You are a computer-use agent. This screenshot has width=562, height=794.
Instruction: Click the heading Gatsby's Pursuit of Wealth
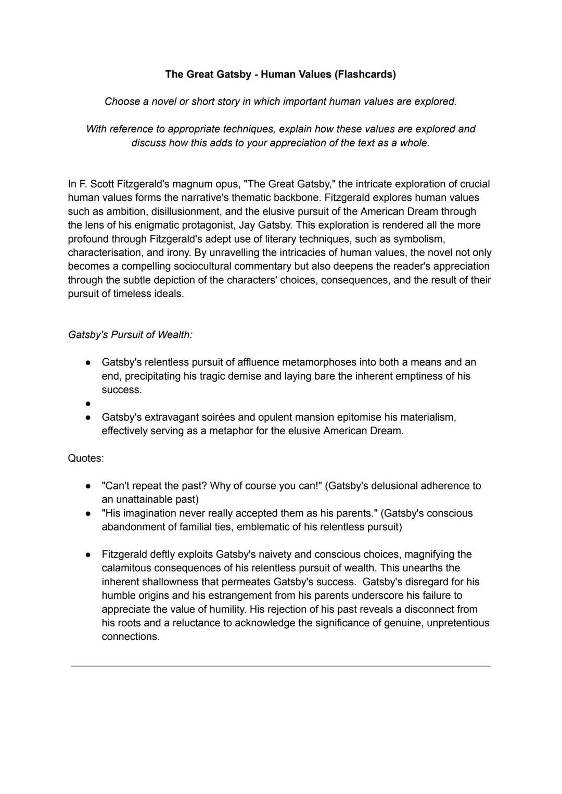[130, 335]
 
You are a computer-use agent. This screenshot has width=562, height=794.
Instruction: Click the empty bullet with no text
[88, 404]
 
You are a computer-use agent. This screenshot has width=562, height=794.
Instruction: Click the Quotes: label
[86, 459]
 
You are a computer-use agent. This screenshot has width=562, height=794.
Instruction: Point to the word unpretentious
[458, 623]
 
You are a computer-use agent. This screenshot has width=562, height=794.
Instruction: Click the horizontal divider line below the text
[280, 666]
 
